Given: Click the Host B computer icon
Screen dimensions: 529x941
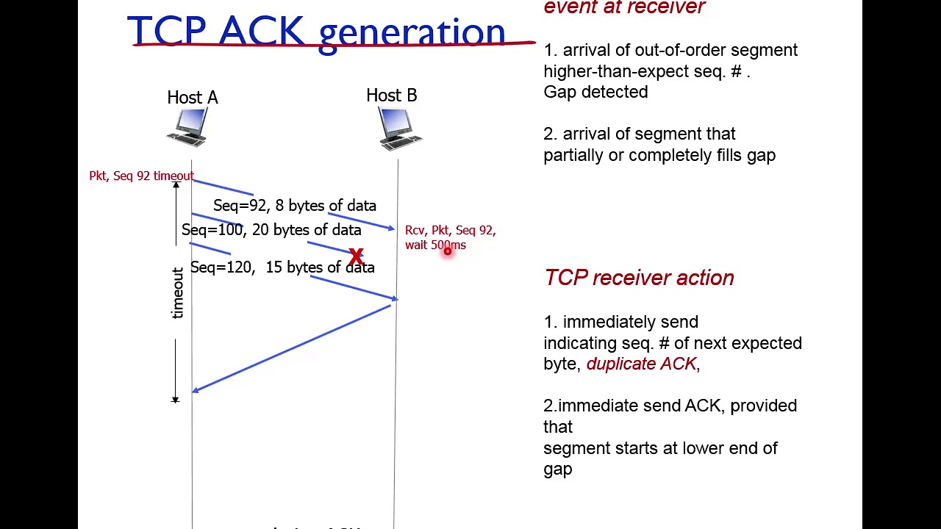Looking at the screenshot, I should click(399, 129).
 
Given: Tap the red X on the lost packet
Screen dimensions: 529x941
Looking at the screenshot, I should click(357, 256).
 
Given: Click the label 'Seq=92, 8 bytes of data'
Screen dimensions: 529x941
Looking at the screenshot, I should click(294, 206).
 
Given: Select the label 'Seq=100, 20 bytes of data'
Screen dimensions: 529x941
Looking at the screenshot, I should click(271, 230).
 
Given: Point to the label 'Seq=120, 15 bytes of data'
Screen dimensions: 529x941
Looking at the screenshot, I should click(282, 267).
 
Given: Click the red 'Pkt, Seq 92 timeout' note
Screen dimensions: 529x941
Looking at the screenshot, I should click(141, 176).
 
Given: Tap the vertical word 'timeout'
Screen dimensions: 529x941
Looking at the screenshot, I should click(177, 293).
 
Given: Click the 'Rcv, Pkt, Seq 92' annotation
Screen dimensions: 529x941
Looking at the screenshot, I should click(450, 231).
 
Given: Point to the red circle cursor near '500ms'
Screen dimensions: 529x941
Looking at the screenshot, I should click(447, 251).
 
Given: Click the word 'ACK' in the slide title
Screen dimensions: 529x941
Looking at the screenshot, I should click(261, 32).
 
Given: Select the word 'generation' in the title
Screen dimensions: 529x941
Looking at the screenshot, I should click(412, 34).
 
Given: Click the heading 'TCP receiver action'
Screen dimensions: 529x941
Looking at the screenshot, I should click(639, 278).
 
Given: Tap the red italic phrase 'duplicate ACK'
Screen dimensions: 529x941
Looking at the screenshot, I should click(641, 364).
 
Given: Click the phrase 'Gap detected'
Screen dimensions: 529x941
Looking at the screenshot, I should click(595, 92).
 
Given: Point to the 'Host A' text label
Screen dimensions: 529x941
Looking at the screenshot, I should click(193, 98).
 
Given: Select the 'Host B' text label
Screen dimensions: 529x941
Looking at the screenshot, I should click(392, 96).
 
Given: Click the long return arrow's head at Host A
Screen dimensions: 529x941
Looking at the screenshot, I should click(195, 391).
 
